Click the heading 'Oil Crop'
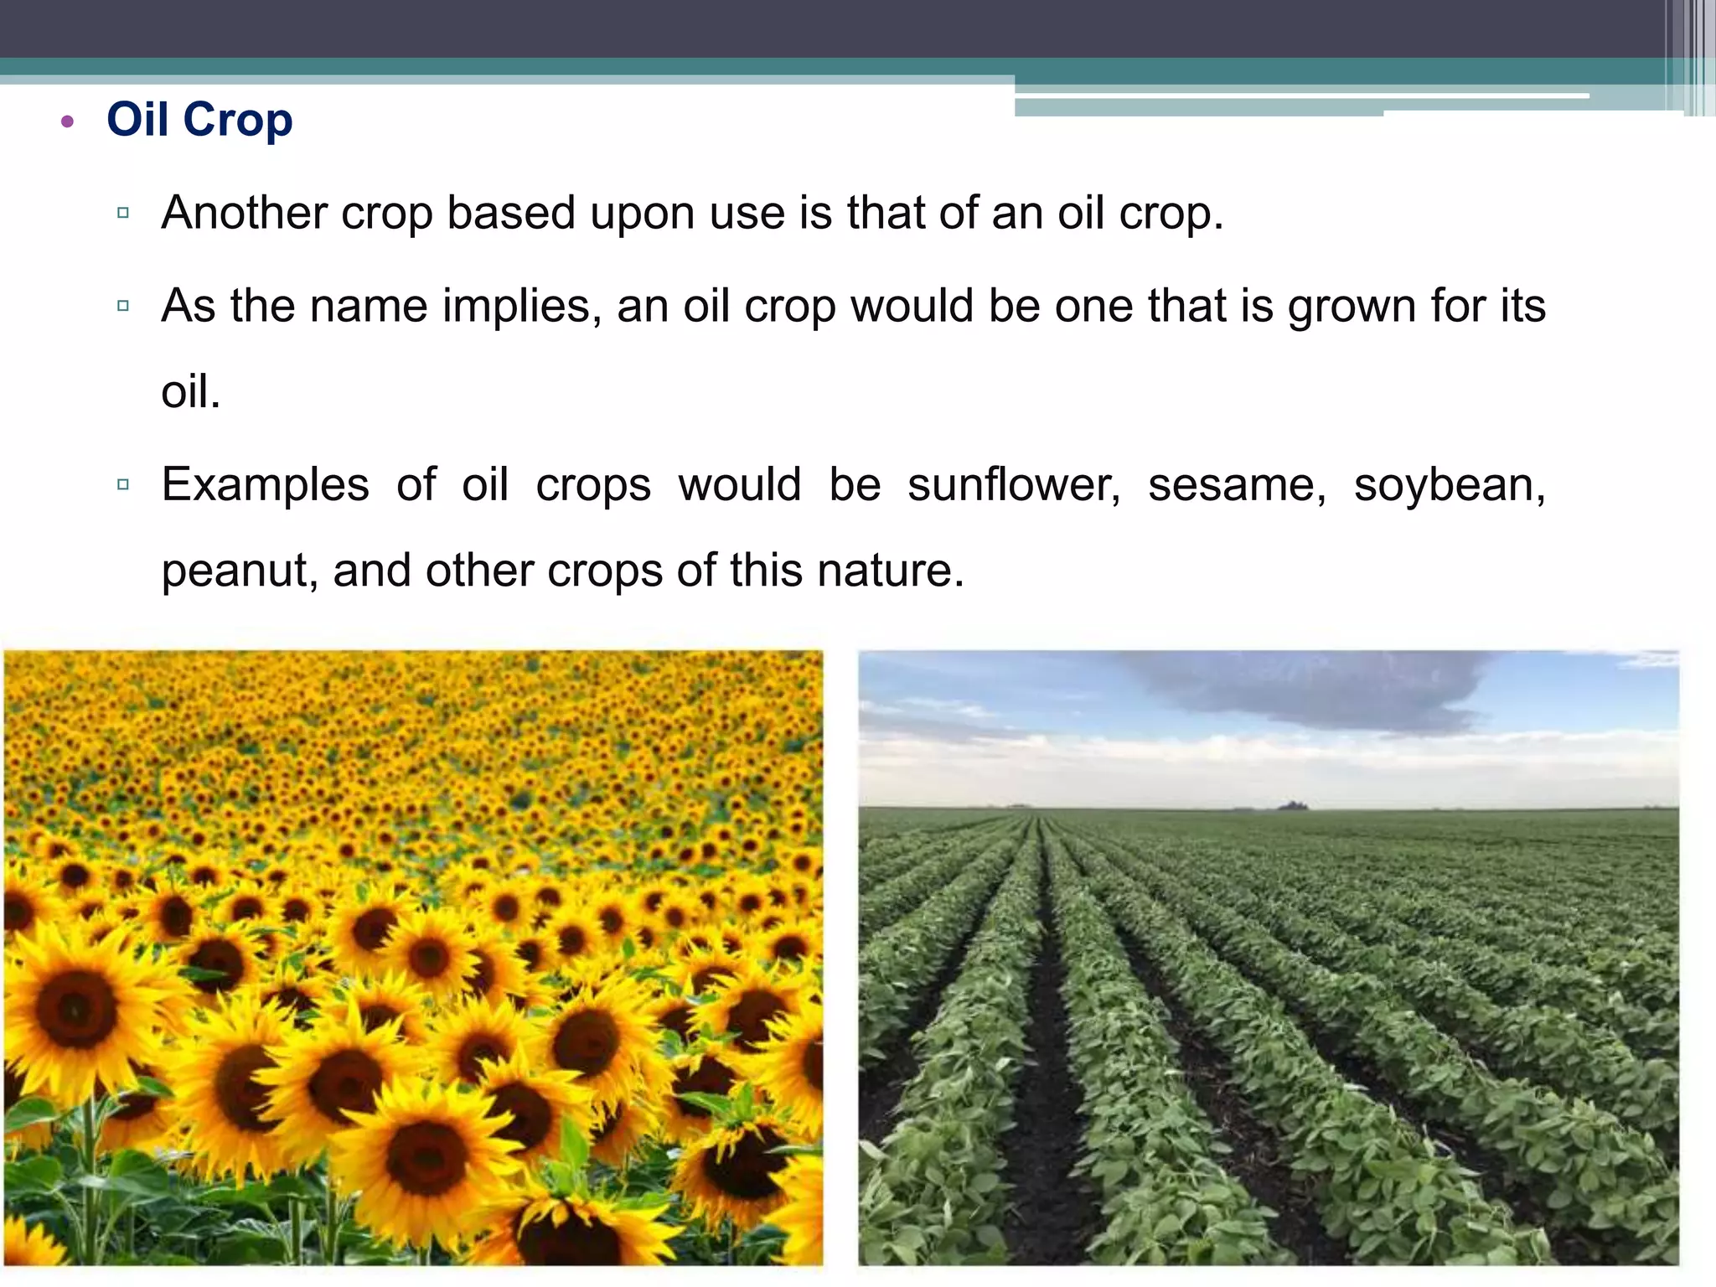pyautogui.click(x=199, y=120)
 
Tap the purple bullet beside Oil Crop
pyautogui.click(x=68, y=122)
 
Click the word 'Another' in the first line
pyautogui.click(x=244, y=213)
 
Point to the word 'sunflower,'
pyautogui.click(x=1014, y=485)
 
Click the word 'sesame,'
pyautogui.click(x=1237, y=485)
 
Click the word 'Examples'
pyautogui.click(x=265, y=485)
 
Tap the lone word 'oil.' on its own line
pyautogui.click(x=191, y=392)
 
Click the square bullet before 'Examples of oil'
pyautogui.click(x=123, y=484)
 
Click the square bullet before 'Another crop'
pyautogui.click(x=123, y=213)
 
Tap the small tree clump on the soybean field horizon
pyautogui.click(x=1293, y=806)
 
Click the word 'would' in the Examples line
pyautogui.click(x=740, y=485)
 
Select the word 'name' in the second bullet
pyautogui.click(x=369, y=306)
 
